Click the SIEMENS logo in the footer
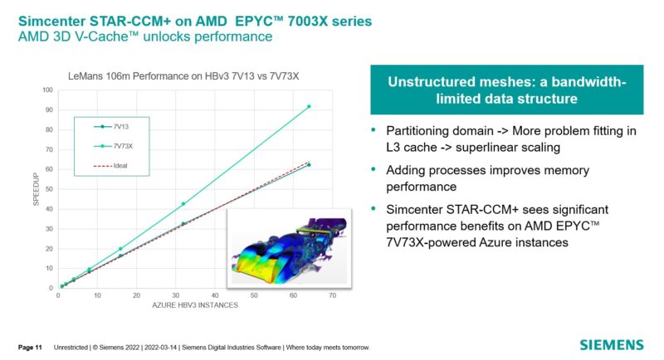pyautogui.click(x=611, y=344)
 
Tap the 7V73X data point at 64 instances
pyautogui.click(x=309, y=106)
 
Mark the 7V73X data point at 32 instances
pyautogui.click(x=183, y=204)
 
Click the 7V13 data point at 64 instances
pyautogui.click(x=309, y=165)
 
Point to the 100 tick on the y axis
pyautogui.click(x=46, y=90)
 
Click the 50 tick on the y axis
pyautogui.click(x=48, y=189)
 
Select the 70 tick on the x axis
pyautogui.click(x=333, y=295)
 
